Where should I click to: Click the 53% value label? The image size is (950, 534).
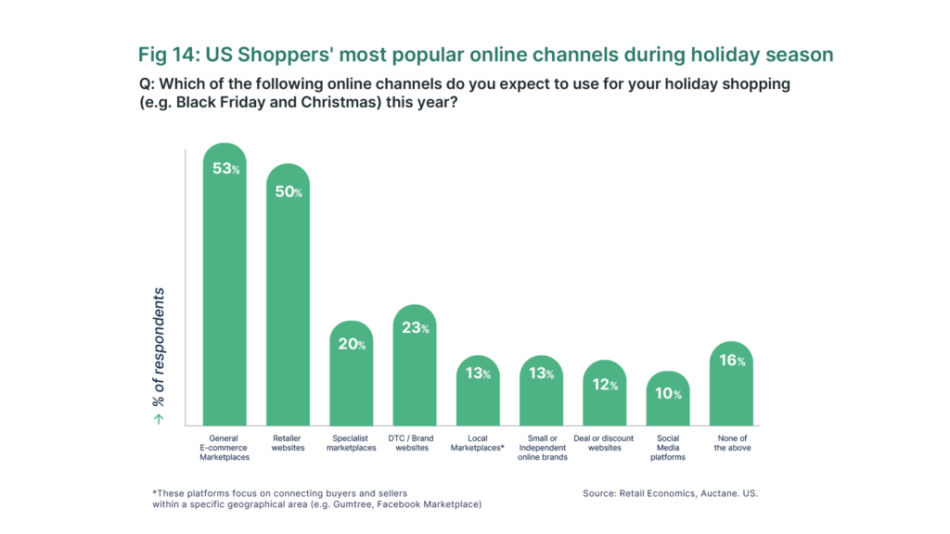[225, 169]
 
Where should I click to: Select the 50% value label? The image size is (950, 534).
[289, 192]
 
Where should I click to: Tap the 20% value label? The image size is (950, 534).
[352, 344]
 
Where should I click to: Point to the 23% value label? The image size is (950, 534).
[415, 328]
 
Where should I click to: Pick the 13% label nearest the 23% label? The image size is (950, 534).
[478, 374]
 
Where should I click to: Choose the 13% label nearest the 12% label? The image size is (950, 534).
[541, 374]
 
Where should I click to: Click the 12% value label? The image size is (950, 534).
[605, 385]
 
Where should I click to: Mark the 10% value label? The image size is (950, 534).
[668, 393]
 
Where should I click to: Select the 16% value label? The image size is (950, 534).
[732, 361]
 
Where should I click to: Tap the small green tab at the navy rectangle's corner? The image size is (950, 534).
[169, 420]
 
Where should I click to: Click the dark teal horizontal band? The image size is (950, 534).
[475, 57]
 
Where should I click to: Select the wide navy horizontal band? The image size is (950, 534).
[475, 448]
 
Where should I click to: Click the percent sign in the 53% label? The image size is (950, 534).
[236, 171]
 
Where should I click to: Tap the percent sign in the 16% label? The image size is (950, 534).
[741, 362]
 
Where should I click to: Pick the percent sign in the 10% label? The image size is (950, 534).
[677, 395]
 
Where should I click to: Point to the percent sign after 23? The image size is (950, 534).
[425, 330]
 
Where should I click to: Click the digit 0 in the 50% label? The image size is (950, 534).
[289, 192]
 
